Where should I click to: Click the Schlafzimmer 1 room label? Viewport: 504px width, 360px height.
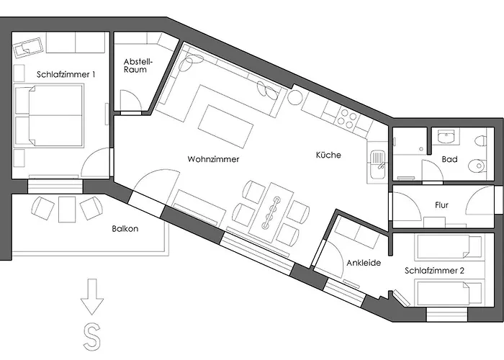coord(66,75)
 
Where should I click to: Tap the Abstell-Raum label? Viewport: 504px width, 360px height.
coord(135,66)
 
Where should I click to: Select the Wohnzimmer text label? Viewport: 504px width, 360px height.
coord(213,159)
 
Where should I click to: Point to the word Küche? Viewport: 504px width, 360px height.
coord(328,155)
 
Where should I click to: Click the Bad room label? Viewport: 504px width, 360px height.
coord(449,159)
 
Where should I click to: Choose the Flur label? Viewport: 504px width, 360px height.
coord(441,205)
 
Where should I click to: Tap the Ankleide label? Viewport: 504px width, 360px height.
coord(364,263)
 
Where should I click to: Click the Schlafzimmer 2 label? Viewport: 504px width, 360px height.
coord(434,271)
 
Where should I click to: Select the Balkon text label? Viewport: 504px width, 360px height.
coord(125,229)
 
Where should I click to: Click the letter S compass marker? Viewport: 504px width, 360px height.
coord(92,337)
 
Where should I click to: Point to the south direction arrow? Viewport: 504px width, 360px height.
coord(92,297)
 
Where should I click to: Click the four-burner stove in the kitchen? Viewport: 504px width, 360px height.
coord(346,118)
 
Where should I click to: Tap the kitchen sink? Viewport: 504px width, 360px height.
coord(378,165)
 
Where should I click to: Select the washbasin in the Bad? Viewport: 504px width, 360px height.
coord(446,136)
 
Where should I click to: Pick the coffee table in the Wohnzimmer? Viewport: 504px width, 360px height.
coord(225,126)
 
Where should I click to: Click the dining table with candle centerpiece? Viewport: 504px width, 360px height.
coord(271,212)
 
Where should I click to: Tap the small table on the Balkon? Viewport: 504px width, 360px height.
coord(67,210)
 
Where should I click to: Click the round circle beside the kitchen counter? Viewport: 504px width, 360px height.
coord(295,97)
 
